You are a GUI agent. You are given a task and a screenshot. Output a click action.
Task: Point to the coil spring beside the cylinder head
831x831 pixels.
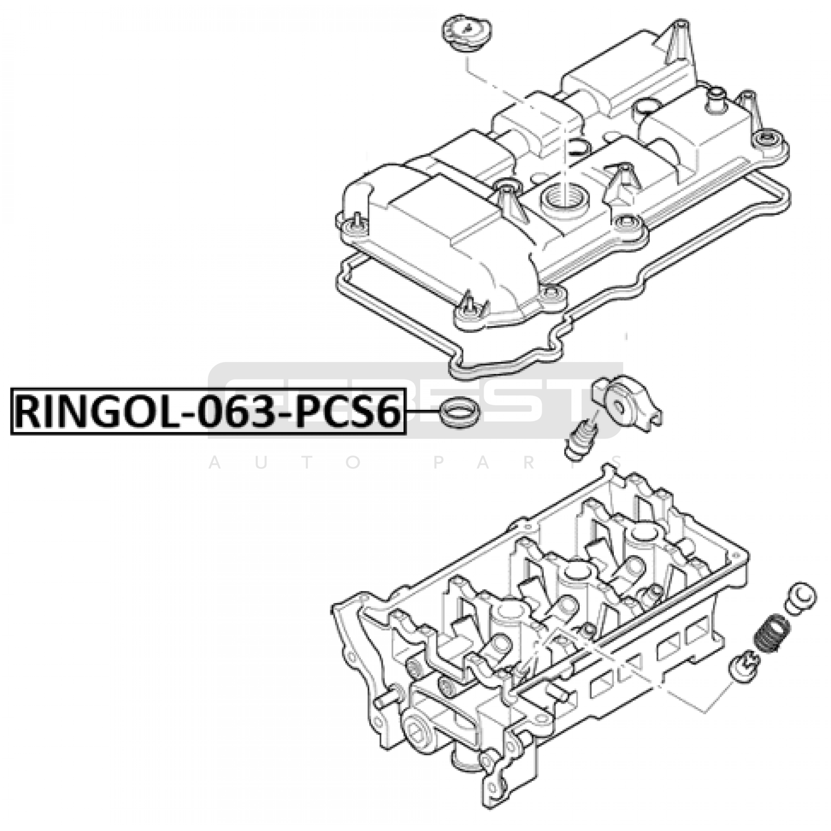pos(769,634)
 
